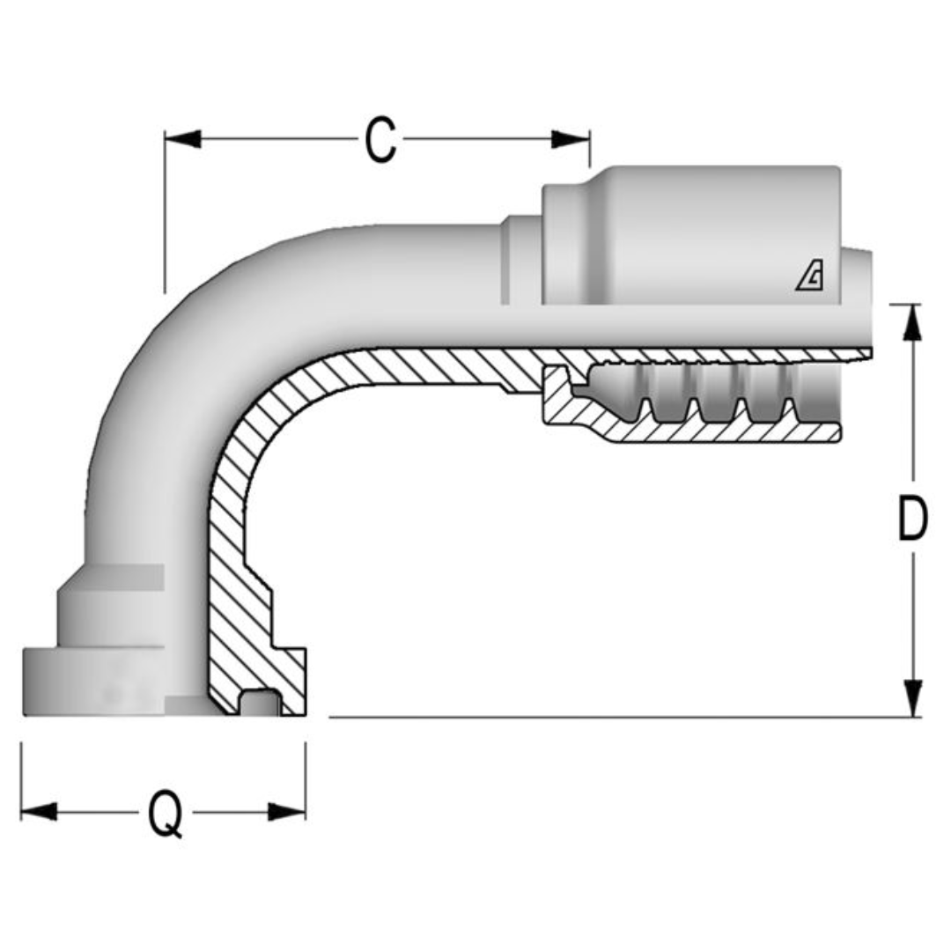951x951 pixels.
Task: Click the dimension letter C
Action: (380, 140)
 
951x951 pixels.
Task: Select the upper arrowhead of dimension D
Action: (914, 322)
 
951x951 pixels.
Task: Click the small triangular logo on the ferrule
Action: (809, 277)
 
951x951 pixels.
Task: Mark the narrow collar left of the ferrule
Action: (520, 260)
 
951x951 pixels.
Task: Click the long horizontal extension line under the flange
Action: (616, 718)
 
